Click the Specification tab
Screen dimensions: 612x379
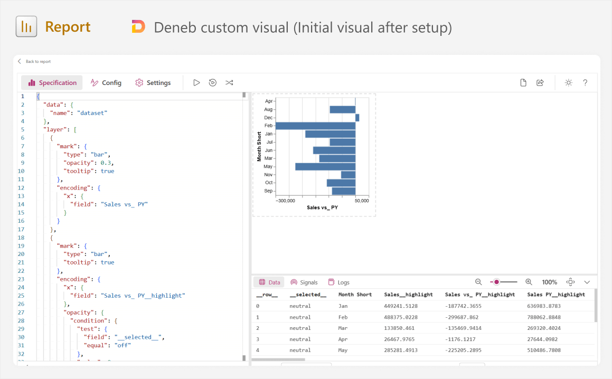click(x=52, y=83)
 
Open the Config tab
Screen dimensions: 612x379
click(x=106, y=83)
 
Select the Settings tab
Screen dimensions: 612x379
click(x=153, y=83)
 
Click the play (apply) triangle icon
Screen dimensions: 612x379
click(x=197, y=83)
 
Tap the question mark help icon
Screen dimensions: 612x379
click(x=585, y=83)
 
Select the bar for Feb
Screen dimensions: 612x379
click(x=315, y=126)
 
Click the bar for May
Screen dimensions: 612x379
click(x=325, y=167)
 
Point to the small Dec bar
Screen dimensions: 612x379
click(x=357, y=118)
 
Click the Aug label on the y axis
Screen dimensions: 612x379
click(x=268, y=109)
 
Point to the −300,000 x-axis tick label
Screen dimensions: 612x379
click(x=285, y=201)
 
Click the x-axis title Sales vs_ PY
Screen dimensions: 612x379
click(x=323, y=207)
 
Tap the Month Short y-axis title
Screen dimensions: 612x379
click(x=259, y=146)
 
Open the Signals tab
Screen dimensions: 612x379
click(x=304, y=282)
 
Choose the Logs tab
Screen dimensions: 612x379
click(x=339, y=282)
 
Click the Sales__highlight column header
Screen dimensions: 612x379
click(x=408, y=295)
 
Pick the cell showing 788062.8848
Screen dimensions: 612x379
click(x=544, y=317)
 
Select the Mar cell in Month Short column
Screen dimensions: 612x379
click(x=343, y=328)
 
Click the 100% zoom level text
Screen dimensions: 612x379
click(x=550, y=282)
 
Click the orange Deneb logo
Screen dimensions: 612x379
click(x=138, y=26)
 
